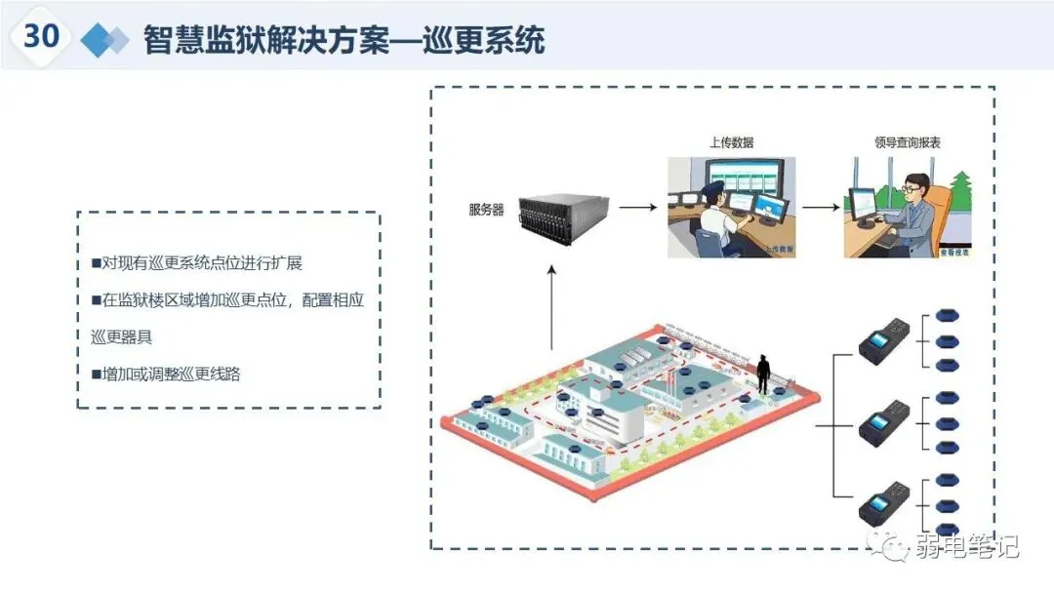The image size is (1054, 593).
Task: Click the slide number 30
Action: [42, 36]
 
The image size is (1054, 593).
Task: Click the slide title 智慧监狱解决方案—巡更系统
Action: [344, 40]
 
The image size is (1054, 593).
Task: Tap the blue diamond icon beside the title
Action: [104, 40]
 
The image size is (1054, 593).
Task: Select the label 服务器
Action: [486, 210]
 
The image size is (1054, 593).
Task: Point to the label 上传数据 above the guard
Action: [731, 142]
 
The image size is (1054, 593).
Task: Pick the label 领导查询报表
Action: [908, 142]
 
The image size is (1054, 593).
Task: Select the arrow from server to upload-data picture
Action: [637, 207]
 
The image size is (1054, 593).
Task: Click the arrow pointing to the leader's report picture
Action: [820, 207]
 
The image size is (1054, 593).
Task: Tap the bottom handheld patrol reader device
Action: [884, 505]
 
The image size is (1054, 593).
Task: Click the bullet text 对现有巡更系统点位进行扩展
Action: [203, 263]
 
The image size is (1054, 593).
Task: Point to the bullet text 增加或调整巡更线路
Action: [171, 374]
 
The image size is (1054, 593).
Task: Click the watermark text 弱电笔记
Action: [966, 548]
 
